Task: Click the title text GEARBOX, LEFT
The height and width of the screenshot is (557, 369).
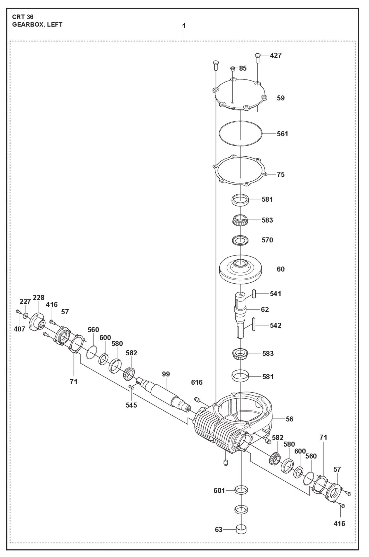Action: (37, 25)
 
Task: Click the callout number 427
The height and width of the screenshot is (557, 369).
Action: (276, 55)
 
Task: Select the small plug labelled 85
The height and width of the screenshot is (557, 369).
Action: (232, 68)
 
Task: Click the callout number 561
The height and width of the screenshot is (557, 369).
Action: (282, 134)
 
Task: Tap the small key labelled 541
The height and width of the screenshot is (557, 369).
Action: (254, 294)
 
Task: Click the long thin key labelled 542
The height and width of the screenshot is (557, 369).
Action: (254, 325)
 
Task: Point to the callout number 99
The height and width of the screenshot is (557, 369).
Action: (166, 374)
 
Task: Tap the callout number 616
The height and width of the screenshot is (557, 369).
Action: (197, 382)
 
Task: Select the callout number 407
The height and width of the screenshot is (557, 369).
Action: (19, 329)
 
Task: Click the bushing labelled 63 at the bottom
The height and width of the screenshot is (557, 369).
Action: (241, 529)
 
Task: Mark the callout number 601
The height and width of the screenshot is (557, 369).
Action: (219, 491)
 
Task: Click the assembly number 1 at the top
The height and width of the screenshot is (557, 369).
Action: (184, 26)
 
